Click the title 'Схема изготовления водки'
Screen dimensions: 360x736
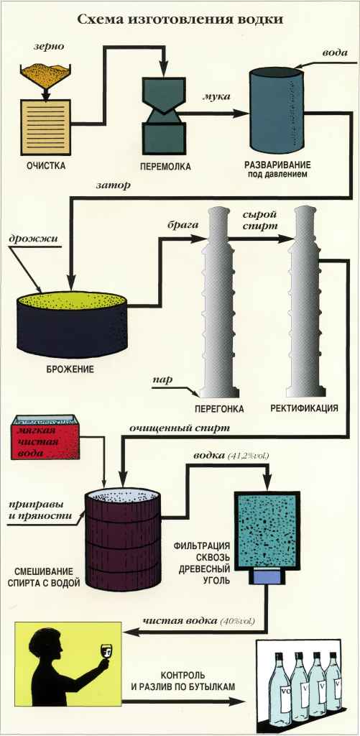(x=180, y=19)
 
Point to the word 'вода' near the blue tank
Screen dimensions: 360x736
(x=335, y=52)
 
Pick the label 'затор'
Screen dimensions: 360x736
(x=113, y=186)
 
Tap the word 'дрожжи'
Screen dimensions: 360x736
(x=33, y=239)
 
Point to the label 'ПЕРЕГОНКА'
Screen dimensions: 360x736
(x=219, y=409)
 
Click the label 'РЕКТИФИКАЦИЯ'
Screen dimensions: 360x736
(x=304, y=408)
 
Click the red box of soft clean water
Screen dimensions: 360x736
(x=45, y=436)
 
